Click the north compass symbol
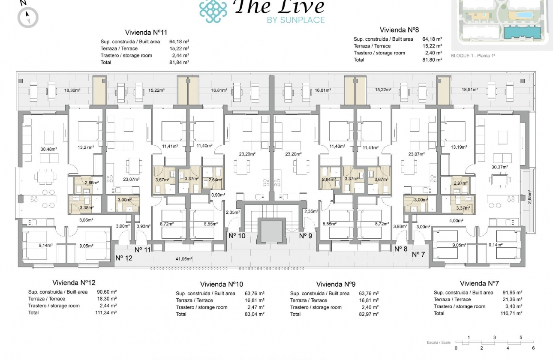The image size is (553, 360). pyautogui.click(x=28, y=18)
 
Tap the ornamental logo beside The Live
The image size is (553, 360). pyautogui.click(x=213, y=10)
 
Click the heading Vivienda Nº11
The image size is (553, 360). pyautogui.click(x=146, y=33)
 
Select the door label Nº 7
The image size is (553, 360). pyautogui.click(x=418, y=255)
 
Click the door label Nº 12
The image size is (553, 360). pyautogui.click(x=124, y=258)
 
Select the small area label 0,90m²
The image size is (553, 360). pyautogui.click(x=218, y=195)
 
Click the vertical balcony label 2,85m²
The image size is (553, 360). pyautogui.click(x=530, y=198)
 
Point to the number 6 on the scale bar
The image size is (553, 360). pyautogui.click(x=533, y=348)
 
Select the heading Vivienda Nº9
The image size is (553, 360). pyautogui.click(x=336, y=284)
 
